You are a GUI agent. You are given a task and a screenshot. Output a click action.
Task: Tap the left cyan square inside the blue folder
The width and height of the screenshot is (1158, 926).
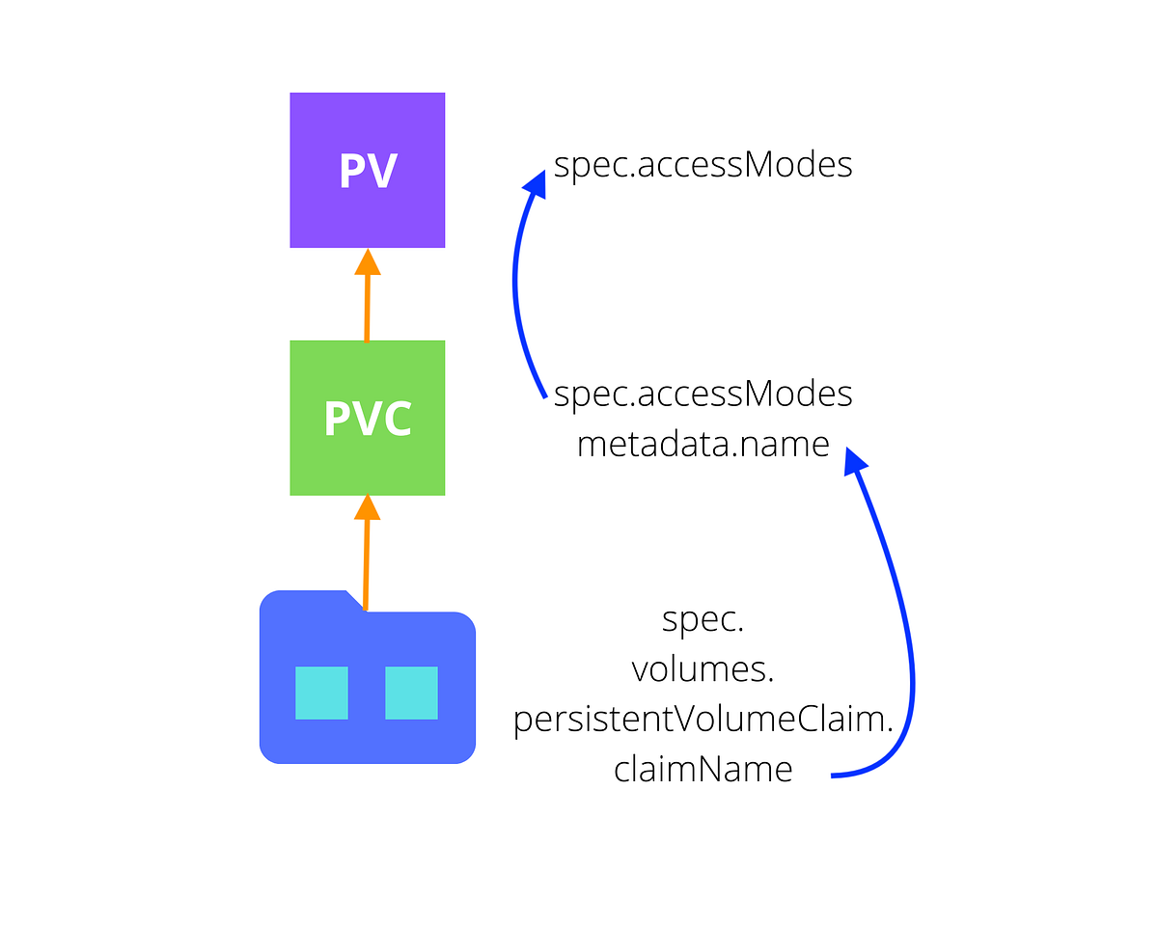point(321,693)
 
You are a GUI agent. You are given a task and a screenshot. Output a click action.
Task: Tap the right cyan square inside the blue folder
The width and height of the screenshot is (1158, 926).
point(411,693)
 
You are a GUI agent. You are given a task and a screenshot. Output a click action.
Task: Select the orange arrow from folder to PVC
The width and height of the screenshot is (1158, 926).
point(366,559)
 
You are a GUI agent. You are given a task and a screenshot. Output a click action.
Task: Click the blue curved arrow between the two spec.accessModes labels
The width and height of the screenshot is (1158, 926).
point(516,289)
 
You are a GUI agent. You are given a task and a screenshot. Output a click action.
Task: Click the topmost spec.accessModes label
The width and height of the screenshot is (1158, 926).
point(703,165)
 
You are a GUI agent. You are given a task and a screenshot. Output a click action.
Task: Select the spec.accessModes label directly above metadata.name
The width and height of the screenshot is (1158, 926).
point(703,394)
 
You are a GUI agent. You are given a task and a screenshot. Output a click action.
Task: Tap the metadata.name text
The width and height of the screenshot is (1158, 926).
point(703,444)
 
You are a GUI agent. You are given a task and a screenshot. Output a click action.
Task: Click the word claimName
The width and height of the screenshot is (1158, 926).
point(703,769)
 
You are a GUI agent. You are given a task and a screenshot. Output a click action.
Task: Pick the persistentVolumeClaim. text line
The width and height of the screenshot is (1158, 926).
point(703,720)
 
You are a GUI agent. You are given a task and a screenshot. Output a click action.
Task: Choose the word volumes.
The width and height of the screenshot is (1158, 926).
point(703,669)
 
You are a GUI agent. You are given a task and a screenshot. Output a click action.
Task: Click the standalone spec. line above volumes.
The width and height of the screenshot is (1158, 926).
point(703,620)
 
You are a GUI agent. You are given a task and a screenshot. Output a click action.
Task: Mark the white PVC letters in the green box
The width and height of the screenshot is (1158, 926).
point(367,419)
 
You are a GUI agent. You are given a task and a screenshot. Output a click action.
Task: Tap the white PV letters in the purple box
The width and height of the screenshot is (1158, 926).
point(368,171)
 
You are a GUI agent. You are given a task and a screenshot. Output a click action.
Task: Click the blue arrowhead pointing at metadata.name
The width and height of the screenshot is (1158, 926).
point(854,461)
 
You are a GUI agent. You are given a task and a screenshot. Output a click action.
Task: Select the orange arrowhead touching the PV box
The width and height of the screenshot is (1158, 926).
point(367,260)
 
